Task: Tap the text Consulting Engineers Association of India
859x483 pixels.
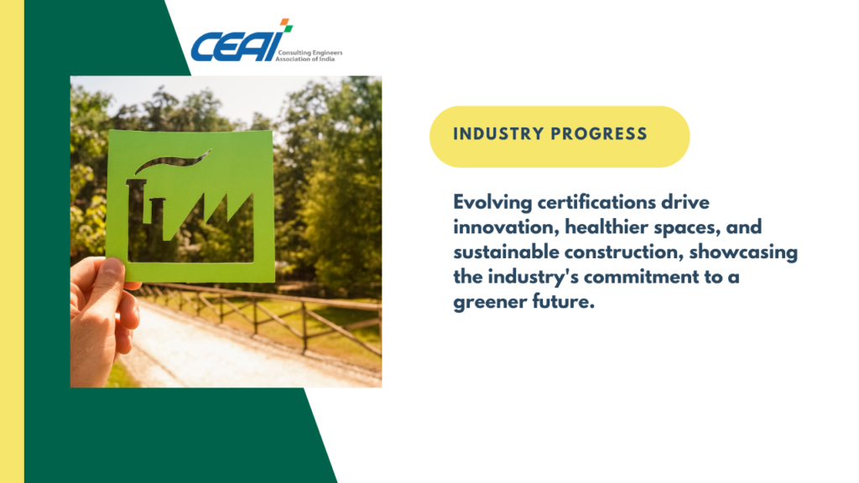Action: [x=309, y=56]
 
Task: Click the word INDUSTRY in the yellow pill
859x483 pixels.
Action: [x=498, y=134]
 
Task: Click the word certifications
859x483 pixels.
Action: [x=596, y=202]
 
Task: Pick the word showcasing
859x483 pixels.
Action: [x=743, y=252]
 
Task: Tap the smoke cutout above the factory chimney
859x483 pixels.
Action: [x=173, y=161]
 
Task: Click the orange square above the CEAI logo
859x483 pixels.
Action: [x=284, y=21]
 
